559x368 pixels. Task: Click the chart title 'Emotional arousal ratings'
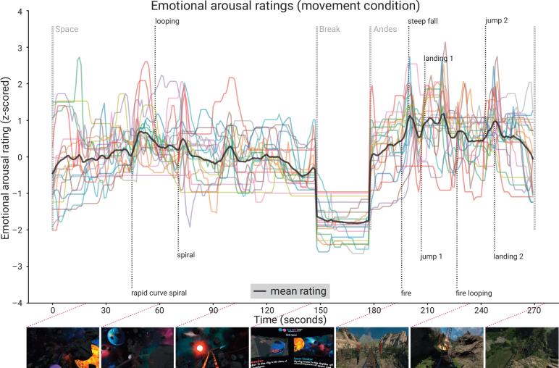pyautogui.click(x=279, y=8)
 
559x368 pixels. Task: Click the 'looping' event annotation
pyautogui.click(x=167, y=22)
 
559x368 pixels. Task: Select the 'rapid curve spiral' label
pyautogui.click(x=159, y=293)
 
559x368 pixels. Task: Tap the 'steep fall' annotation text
pyautogui.click(x=423, y=22)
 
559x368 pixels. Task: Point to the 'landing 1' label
pyautogui.click(x=439, y=58)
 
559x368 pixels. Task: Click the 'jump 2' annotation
pyautogui.click(x=496, y=21)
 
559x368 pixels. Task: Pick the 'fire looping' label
pyautogui.click(x=474, y=293)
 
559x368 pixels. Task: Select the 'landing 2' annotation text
pyautogui.click(x=508, y=256)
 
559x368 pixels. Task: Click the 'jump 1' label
pyautogui.click(x=432, y=256)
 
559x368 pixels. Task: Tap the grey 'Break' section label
pyautogui.click(x=331, y=32)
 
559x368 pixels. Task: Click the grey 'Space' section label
pyautogui.click(x=67, y=32)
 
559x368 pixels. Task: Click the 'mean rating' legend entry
pyautogui.click(x=290, y=291)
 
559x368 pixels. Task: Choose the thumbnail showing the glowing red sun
pyautogui.click(x=211, y=348)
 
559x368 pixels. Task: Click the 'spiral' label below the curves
pyautogui.click(x=186, y=255)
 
